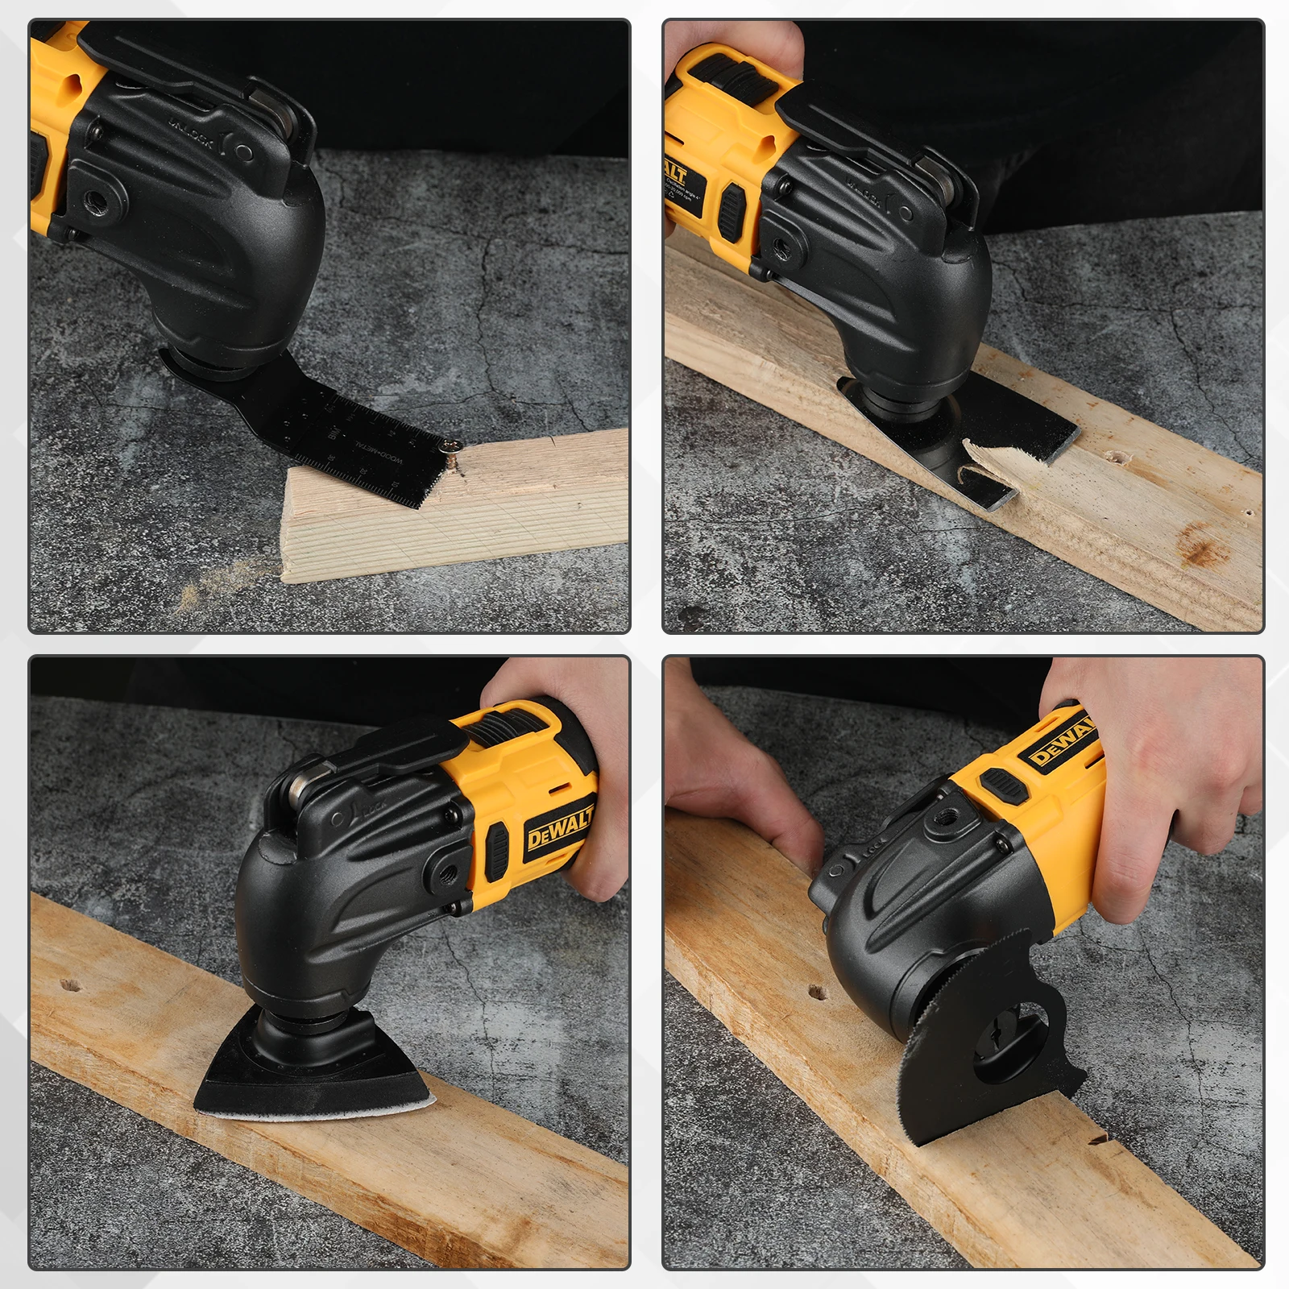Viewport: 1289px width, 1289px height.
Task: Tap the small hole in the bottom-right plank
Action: coord(816,992)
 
